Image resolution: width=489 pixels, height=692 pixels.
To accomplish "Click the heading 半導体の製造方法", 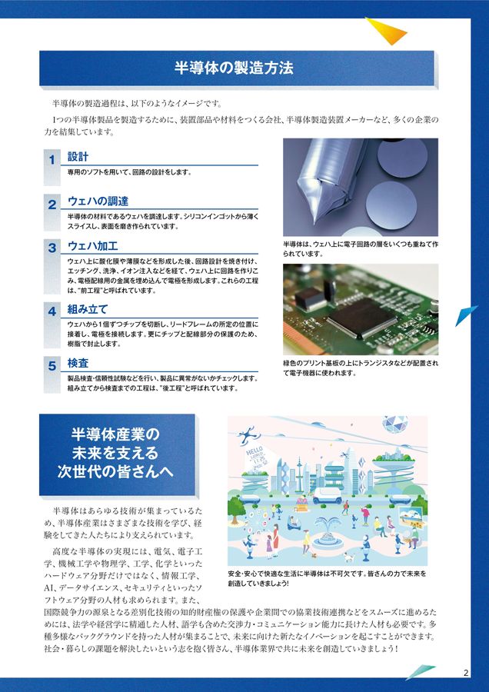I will [234, 68].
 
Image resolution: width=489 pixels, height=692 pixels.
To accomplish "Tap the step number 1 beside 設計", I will [52, 160].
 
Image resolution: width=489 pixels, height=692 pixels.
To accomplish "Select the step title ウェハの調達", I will [98, 201].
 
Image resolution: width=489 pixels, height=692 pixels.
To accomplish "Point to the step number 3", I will [52, 248].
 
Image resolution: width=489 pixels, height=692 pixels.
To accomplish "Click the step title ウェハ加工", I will [92, 246].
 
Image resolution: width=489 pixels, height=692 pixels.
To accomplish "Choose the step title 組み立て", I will [88, 310].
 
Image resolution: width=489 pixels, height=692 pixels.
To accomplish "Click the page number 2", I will [465, 674].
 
